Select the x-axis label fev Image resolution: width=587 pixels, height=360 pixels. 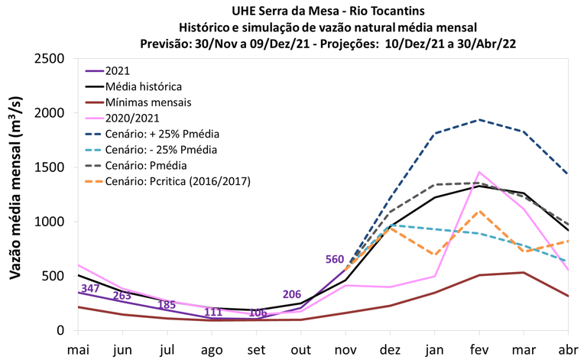click(x=478, y=348)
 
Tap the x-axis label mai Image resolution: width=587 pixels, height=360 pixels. click(x=78, y=348)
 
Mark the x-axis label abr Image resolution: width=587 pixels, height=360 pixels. click(x=568, y=348)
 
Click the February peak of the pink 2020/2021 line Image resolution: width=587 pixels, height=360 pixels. click(x=478, y=172)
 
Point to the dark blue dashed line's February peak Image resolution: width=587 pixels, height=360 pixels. click(x=478, y=120)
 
